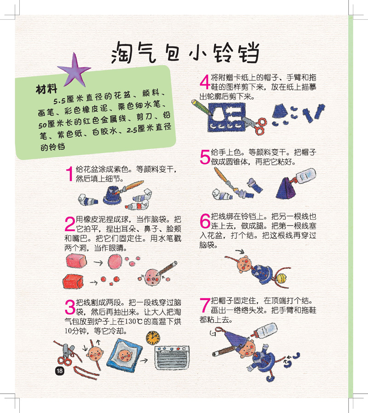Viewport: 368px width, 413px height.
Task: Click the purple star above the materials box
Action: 75,71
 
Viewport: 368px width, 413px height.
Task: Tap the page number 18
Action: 60,371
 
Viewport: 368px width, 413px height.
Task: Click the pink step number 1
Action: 69,174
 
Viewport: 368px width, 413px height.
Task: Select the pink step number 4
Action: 205,82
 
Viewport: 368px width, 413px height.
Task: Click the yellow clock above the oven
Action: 153,338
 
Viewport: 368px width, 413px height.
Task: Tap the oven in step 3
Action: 172,358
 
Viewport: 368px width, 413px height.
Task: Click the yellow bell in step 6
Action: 281,278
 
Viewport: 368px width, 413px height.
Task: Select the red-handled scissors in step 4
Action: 254,125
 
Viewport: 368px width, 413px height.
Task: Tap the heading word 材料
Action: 46,89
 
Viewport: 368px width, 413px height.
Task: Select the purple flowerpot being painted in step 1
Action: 112,195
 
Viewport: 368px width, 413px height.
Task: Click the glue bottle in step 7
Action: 264,331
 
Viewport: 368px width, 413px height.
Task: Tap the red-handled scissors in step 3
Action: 67,354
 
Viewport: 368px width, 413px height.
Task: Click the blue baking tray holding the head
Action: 124,354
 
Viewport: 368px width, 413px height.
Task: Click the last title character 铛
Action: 248,52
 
